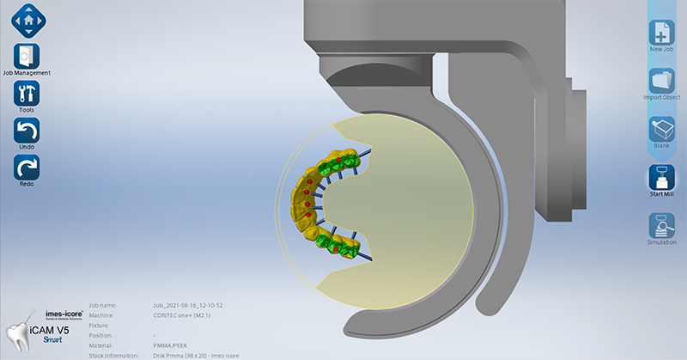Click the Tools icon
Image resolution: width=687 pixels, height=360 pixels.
(x=27, y=94)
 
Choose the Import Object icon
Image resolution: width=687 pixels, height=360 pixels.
(x=661, y=80)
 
